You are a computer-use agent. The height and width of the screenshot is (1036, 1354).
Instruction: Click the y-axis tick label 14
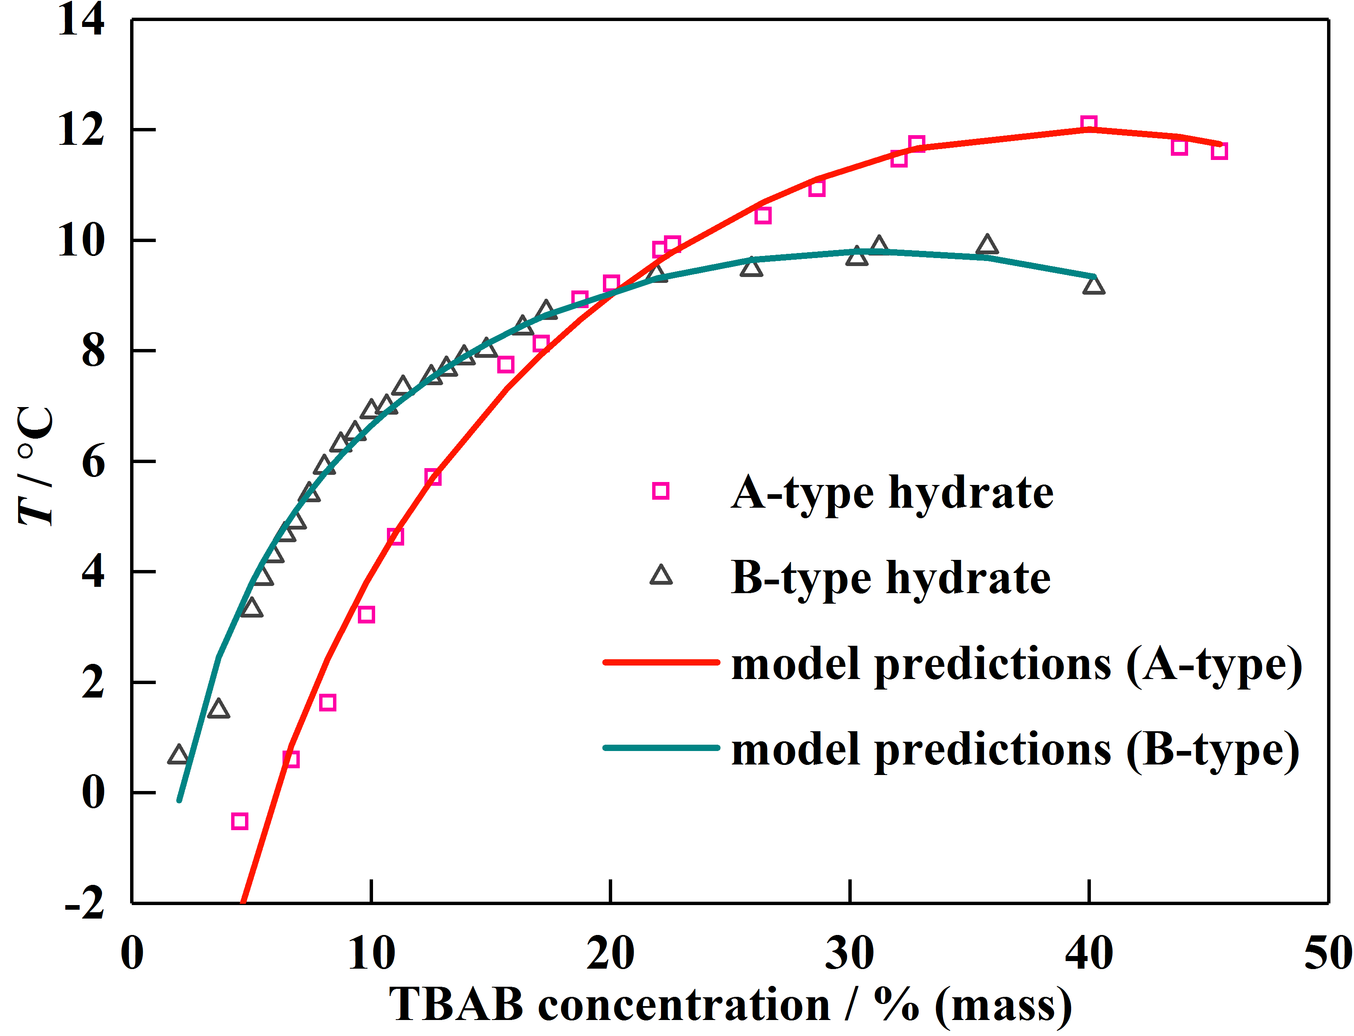tap(81, 20)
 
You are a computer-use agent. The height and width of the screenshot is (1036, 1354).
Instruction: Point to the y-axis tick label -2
tap(85, 904)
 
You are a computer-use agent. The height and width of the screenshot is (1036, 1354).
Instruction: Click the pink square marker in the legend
tap(660, 491)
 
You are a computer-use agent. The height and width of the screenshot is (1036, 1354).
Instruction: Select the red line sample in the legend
tap(661, 662)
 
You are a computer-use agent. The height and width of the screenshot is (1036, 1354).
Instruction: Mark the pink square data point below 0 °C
tap(239, 821)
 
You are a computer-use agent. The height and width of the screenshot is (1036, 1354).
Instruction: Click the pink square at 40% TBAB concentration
tap(1088, 124)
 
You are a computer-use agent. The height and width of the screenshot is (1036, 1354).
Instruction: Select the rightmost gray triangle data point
tap(1093, 285)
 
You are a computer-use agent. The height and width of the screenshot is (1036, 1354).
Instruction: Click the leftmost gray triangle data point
tap(178, 755)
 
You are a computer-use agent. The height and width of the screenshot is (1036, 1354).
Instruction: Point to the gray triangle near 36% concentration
tap(987, 245)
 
